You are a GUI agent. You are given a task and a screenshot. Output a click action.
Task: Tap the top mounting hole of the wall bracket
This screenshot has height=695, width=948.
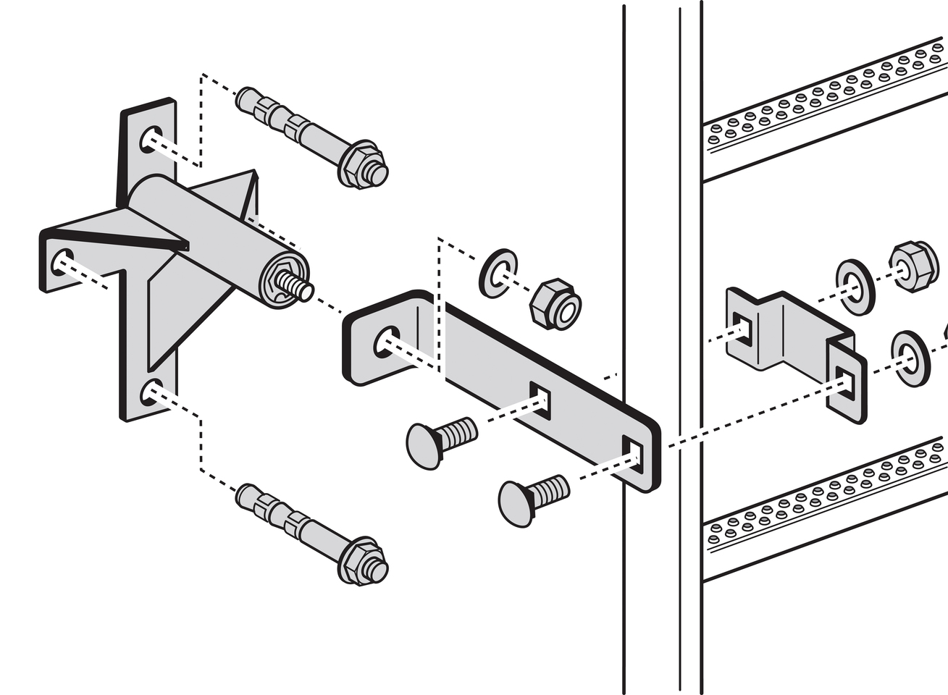(150, 138)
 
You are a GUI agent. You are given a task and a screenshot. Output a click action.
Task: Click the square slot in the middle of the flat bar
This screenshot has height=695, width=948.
(540, 397)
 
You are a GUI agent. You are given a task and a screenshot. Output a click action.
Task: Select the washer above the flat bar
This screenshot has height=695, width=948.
(498, 273)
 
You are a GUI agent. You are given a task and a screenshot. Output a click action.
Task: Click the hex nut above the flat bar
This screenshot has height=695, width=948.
(555, 303)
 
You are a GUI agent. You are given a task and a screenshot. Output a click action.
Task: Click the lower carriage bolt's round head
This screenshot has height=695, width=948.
(516, 500)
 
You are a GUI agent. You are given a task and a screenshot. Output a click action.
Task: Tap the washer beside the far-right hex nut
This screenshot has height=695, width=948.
(855, 286)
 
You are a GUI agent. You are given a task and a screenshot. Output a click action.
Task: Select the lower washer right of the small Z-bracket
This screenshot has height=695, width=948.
(910, 358)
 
